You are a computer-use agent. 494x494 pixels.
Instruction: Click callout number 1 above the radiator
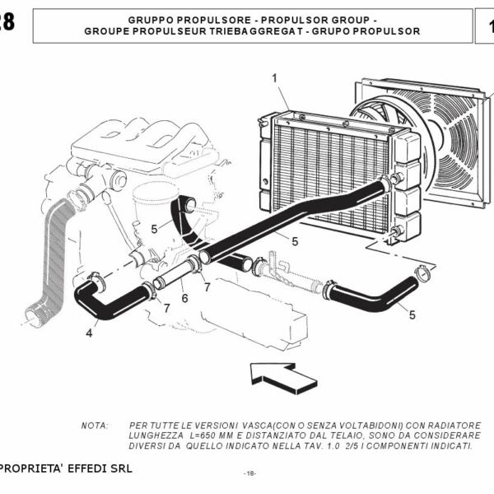point(275,78)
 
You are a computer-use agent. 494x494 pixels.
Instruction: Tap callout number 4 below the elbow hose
point(89,333)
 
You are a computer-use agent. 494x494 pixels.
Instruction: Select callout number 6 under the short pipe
point(185,298)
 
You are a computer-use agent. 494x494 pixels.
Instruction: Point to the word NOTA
point(95,426)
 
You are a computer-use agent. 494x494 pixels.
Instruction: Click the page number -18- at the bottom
point(249,473)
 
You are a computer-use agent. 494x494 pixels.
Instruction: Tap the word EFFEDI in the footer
point(86,468)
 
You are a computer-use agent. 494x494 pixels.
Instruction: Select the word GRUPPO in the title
point(151,20)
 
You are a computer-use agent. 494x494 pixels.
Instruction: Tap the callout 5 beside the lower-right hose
point(412,315)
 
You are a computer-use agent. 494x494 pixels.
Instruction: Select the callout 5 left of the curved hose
point(154,229)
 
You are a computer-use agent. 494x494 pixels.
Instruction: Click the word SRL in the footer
point(121,468)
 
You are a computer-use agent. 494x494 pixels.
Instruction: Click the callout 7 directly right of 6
point(207,287)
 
